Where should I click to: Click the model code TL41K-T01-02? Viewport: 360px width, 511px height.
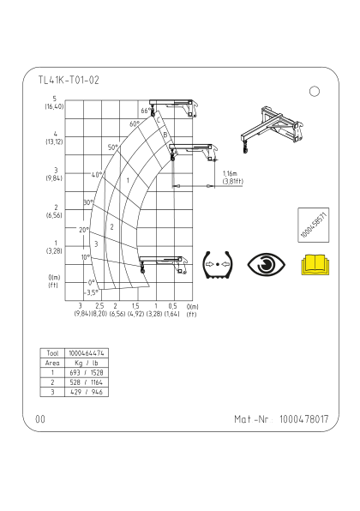[69, 80]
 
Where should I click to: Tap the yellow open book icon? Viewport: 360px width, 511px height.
[315, 265]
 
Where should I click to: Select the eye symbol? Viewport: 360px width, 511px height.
[267, 264]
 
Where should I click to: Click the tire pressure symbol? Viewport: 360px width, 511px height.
[218, 265]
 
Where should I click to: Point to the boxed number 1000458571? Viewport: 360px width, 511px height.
[314, 225]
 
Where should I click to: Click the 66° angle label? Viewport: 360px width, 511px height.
[146, 111]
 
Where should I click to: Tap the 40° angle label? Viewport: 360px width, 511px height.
[97, 175]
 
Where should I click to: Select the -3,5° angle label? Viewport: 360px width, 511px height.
[92, 292]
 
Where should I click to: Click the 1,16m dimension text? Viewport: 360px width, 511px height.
[230, 174]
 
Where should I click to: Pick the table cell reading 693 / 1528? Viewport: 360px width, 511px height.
[87, 372]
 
